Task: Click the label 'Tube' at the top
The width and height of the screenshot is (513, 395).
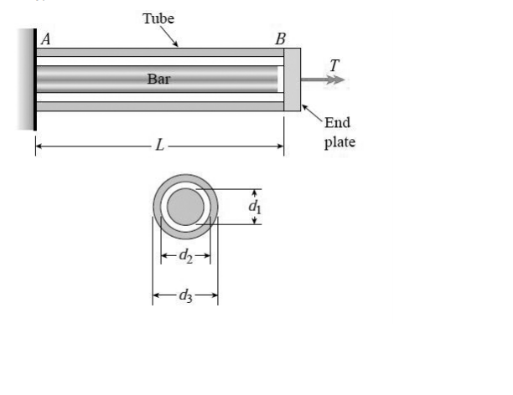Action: click(x=158, y=18)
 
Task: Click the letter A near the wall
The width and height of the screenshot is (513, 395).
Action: click(x=45, y=38)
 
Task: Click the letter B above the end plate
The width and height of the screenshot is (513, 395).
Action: click(x=280, y=38)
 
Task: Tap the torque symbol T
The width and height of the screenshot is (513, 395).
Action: click(x=335, y=64)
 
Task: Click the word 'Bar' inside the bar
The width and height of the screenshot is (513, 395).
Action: click(x=158, y=79)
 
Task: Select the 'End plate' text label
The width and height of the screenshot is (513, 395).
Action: click(x=339, y=132)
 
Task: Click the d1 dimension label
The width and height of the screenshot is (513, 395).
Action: click(x=257, y=206)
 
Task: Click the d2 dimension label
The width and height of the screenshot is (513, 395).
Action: click(x=186, y=256)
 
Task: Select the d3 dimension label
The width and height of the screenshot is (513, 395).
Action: click(x=185, y=294)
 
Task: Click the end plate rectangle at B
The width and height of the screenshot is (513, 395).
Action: click(x=292, y=80)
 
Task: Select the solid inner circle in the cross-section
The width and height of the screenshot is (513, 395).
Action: click(x=185, y=206)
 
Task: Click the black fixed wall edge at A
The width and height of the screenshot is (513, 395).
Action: click(x=34, y=80)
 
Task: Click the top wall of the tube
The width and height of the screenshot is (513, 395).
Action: click(x=159, y=52)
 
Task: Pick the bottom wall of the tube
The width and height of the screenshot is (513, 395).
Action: click(x=159, y=106)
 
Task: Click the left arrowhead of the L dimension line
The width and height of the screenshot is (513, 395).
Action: click(x=39, y=146)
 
